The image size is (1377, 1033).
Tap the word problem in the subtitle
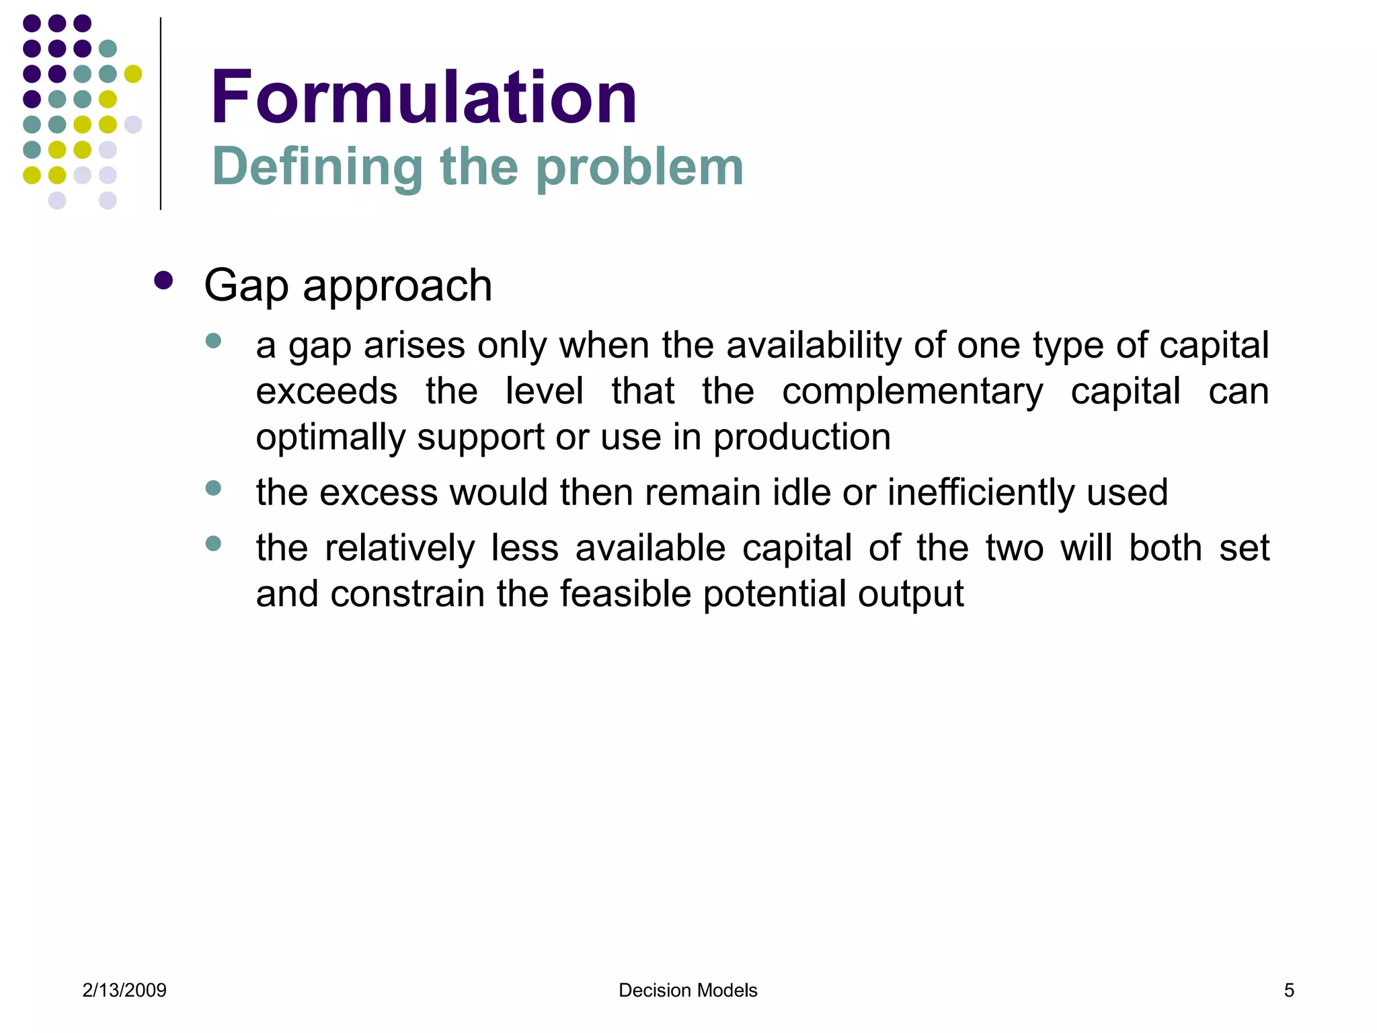pyautogui.click(x=639, y=167)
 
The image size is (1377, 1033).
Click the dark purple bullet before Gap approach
pyautogui.click(x=163, y=280)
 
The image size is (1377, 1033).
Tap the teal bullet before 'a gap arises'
pyautogui.click(x=214, y=341)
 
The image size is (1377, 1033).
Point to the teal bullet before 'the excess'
pyautogui.click(x=214, y=488)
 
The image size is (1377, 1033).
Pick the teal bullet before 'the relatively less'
pyautogui.click(x=214, y=543)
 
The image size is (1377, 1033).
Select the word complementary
pyautogui.click(x=912, y=391)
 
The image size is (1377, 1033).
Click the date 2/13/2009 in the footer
pyautogui.click(x=124, y=990)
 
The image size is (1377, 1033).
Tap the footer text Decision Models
pyautogui.click(x=688, y=990)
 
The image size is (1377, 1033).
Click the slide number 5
pyautogui.click(x=1289, y=990)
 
